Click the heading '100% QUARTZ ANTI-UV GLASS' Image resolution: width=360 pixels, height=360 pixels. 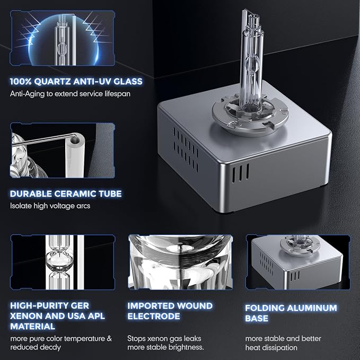click(x=76, y=82)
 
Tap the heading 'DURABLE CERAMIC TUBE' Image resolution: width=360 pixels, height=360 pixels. click(x=66, y=194)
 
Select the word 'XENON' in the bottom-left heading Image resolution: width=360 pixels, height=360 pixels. click(x=25, y=316)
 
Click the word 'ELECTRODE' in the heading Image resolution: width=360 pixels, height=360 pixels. click(x=154, y=316)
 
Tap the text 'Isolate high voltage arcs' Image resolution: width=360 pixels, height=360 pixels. click(x=50, y=206)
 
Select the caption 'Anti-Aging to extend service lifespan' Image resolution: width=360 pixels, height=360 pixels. click(x=70, y=94)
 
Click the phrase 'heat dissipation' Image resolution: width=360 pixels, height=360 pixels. click(x=271, y=348)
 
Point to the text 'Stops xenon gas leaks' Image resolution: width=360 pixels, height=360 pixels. click(x=164, y=338)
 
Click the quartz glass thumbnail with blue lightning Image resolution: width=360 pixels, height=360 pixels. click(x=63, y=38)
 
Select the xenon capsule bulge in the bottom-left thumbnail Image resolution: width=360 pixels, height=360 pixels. click(x=60, y=261)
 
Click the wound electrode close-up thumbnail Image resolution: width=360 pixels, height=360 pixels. click(x=180, y=262)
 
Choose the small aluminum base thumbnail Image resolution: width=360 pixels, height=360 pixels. click(x=298, y=262)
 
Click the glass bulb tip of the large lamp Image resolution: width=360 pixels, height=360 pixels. click(x=250, y=16)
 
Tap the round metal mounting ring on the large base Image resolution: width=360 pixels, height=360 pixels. click(x=250, y=116)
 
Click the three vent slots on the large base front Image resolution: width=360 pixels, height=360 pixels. click(x=240, y=173)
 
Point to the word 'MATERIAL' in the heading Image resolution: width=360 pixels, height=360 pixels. click(x=32, y=326)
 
